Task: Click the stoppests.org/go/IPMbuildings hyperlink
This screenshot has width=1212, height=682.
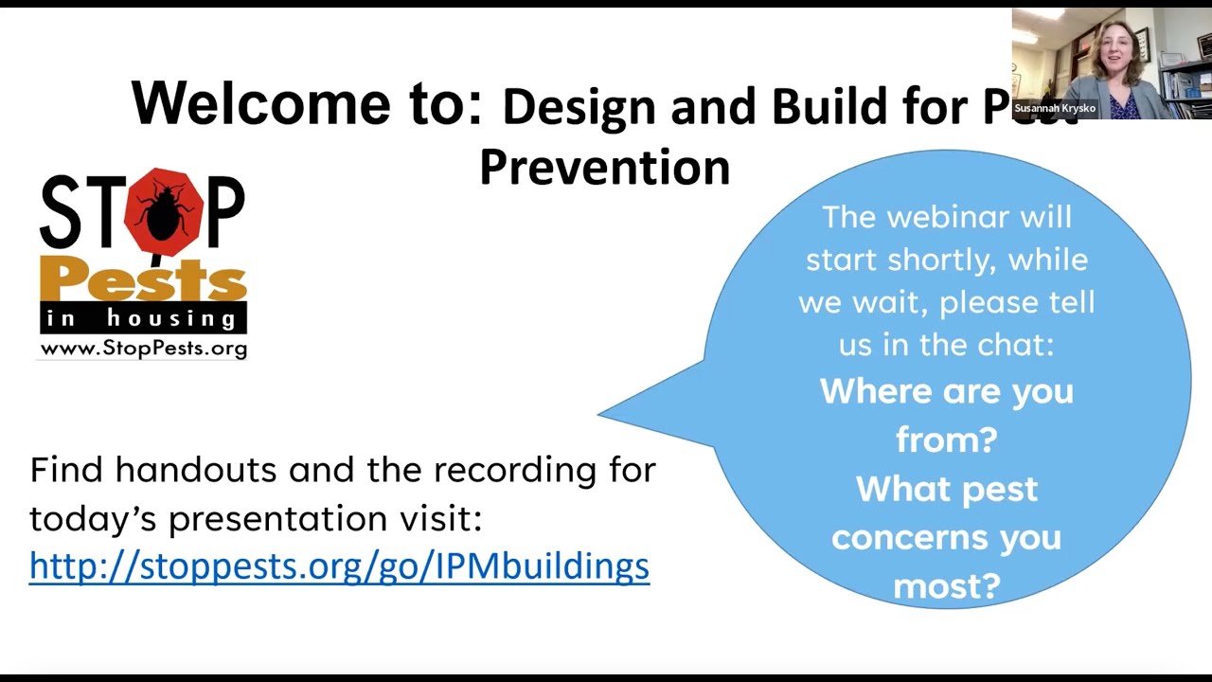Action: point(339,565)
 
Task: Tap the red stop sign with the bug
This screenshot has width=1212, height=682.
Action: point(165,210)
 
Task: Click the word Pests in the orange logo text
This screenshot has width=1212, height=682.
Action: point(143,280)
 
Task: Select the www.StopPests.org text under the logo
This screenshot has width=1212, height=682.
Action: point(143,349)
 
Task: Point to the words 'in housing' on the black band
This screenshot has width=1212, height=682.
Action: point(142,318)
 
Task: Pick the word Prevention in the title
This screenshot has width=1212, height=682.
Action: point(604,167)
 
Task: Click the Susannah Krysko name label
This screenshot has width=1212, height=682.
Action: point(1055,108)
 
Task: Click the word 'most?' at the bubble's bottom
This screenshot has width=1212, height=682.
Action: point(946,585)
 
